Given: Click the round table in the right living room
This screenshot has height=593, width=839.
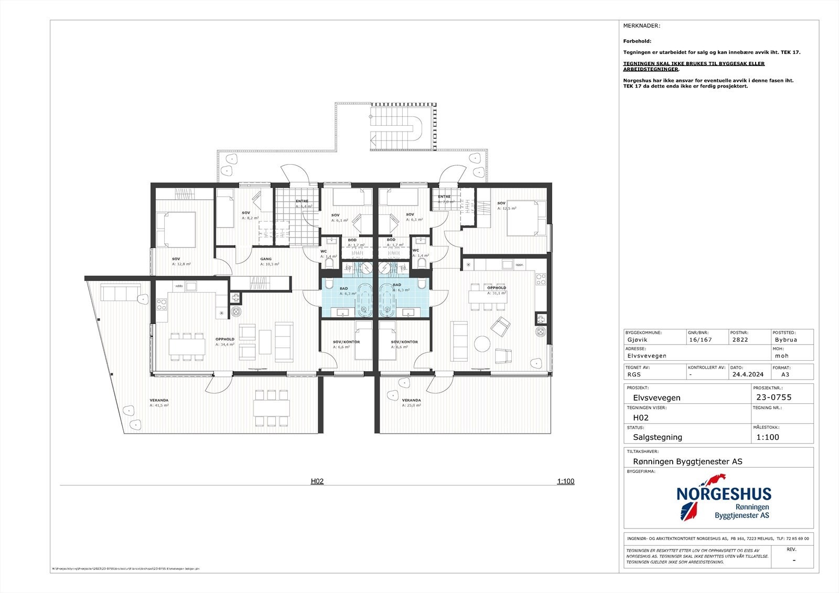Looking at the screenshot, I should click(482, 344).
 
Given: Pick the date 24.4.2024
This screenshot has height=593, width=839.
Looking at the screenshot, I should click(748, 375).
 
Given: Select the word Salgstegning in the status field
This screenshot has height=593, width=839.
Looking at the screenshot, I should click(658, 437).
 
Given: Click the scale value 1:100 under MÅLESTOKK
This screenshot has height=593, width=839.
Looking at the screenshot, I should click(768, 437).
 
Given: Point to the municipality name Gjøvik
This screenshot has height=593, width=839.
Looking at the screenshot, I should click(637, 339).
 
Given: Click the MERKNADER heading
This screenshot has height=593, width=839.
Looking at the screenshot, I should click(641, 26).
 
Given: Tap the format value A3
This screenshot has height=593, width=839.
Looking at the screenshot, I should click(785, 375).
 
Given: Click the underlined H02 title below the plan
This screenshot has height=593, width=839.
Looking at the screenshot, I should click(317, 481).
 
